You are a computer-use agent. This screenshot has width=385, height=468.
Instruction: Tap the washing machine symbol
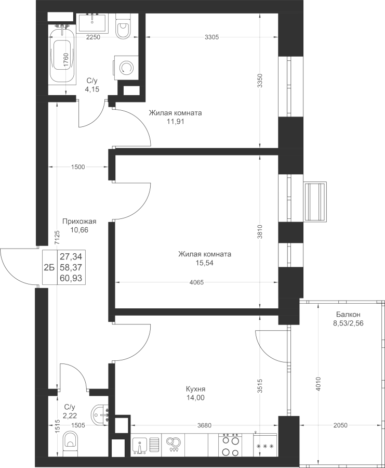click(x=126, y=68)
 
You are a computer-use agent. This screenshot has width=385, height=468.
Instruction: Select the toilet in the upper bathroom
click(x=124, y=26)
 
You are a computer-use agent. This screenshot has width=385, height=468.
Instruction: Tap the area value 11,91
click(x=175, y=121)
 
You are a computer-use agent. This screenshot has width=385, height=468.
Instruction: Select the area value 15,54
click(x=205, y=263)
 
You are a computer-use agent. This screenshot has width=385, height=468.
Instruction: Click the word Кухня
click(x=196, y=389)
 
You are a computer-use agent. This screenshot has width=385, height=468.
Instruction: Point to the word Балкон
click(x=348, y=314)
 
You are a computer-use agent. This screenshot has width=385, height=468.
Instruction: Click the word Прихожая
click(x=79, y=221)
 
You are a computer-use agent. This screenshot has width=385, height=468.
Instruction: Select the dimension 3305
click(x=212, y=37)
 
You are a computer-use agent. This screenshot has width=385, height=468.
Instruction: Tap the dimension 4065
click(x=196, y=282)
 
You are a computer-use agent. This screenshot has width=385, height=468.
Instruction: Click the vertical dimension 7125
click(x=57, y=238)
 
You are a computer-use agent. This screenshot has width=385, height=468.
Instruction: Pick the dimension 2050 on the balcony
click(x=340, y=425)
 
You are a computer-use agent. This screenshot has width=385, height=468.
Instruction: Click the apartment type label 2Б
click(x=49, y=267)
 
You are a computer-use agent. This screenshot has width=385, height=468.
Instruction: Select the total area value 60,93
click(x=71, y=279)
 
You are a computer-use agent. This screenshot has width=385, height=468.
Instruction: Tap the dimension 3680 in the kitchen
click(x=204, y=425)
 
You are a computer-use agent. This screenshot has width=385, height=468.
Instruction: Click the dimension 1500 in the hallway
click(x=78, y=167)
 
